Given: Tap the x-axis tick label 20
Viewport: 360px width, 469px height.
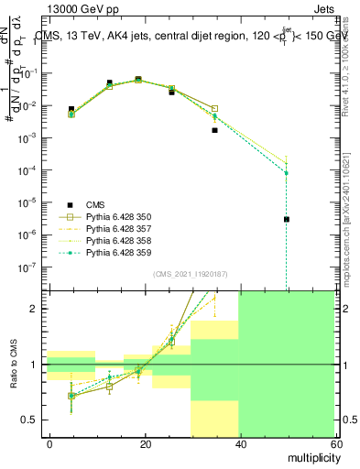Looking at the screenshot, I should pos(145,443).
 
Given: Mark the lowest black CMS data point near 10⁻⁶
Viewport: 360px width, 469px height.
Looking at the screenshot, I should pos(287,219).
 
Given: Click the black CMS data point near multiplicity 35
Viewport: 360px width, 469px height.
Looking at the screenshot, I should pos(214,130).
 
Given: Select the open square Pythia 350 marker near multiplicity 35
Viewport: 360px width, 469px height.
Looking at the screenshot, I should pos(214,109).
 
